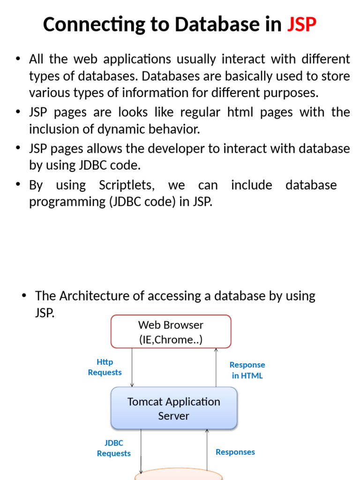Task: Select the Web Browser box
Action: pyautogui.click(x=171, y=332)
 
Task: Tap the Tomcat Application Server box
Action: pyautogui.click(x=174, y=408)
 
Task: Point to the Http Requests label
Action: pyautogui.click(x=105, y=367)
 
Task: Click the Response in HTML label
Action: pyautogui.click(x=247, y=370)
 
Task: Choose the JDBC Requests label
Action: pyautogui.click(x=113, y=448)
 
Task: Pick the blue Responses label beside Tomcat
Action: pyautogui.click(x=235, y=452)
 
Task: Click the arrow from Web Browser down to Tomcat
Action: pyautogui.click(x=132, y=367)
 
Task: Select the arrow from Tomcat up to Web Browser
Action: pyautogui.click(x=216, y=367)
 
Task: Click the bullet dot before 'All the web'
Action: pyautogui.click(x=18, y=59)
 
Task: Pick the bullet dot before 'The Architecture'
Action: pyautogui.click(x=24, y=296)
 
